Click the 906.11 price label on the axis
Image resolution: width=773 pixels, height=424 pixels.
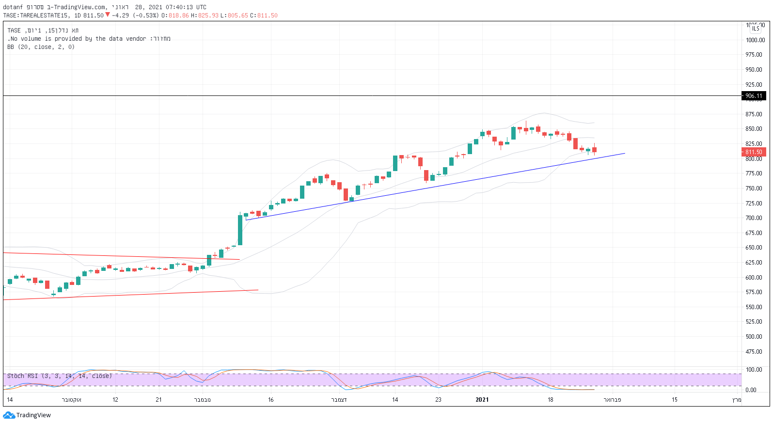[754, 96]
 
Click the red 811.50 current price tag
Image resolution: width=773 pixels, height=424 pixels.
[754, 152]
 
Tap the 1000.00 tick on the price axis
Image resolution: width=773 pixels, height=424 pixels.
[755, 40]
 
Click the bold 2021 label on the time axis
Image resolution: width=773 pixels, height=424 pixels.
[482, 400]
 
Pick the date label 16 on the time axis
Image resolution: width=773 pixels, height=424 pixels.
[271, 400]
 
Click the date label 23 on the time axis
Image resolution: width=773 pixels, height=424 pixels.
[438, 400]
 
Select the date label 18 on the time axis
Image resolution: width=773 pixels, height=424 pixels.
[550, 400]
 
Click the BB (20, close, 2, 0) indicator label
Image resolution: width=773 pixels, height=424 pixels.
[41, 47]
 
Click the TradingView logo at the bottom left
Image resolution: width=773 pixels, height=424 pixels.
[27, 415]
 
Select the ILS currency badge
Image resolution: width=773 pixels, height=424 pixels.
[756, 29]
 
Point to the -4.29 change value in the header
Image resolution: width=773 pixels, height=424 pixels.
[120, 16]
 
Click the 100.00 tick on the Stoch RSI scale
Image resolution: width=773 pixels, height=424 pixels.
[754, 370]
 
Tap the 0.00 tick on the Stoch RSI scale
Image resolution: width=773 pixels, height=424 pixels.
[751, 390]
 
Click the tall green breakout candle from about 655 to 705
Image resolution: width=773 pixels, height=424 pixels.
[240, 230]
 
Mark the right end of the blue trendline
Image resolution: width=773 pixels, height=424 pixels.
[625, 154]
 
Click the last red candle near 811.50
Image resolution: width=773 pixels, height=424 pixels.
[594, 150]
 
